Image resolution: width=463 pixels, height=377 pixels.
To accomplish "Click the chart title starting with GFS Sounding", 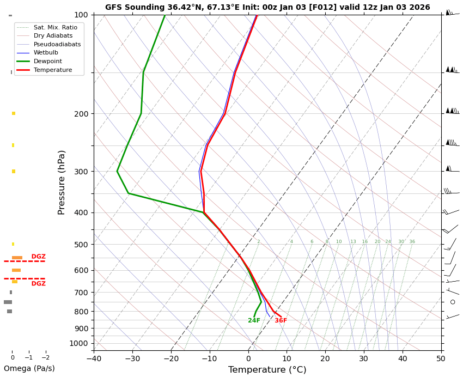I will click(x=267, y=8).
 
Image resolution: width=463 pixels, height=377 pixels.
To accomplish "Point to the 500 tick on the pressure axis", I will click(x=81, y=245).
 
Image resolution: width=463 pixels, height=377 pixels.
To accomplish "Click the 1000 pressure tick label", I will click(x=79, y=343).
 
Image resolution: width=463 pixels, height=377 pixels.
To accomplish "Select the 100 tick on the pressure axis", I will click(x=81, y=15).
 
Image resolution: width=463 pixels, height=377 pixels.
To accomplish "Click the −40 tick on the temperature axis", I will click(x=94, y=358).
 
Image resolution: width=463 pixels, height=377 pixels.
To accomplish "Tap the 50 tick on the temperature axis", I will click(x=441, y=358).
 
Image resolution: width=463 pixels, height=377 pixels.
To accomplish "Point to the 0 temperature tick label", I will click(x=248, y=358).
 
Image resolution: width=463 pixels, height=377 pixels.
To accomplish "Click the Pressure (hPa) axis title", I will click(x=62, y=182).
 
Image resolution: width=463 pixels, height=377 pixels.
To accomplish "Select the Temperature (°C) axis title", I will click(x=267, y=370).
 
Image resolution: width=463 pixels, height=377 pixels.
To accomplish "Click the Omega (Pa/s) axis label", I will click(x=29, y=369).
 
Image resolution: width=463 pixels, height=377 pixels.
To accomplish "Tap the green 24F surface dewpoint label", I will click(x=254, y=321).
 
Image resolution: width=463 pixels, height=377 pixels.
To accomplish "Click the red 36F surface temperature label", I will click(x=281, y=321).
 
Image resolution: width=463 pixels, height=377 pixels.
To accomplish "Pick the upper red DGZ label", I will click(x=38, y=257).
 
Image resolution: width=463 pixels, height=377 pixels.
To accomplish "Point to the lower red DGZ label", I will click(x=38, y=284).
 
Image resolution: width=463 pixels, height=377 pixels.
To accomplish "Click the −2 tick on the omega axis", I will click(x=46, y=358).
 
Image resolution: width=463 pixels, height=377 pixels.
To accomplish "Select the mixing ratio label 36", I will click(x=412, y=242).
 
